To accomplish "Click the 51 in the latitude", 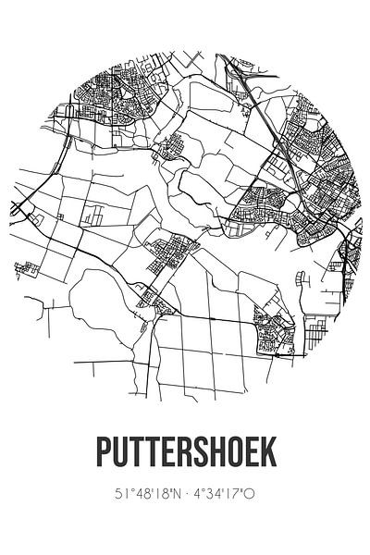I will click(119, 495).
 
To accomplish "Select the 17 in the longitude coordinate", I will click(234, 495).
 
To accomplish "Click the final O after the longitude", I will click(249, 495).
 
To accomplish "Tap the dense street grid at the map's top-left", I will click(102, 102).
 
